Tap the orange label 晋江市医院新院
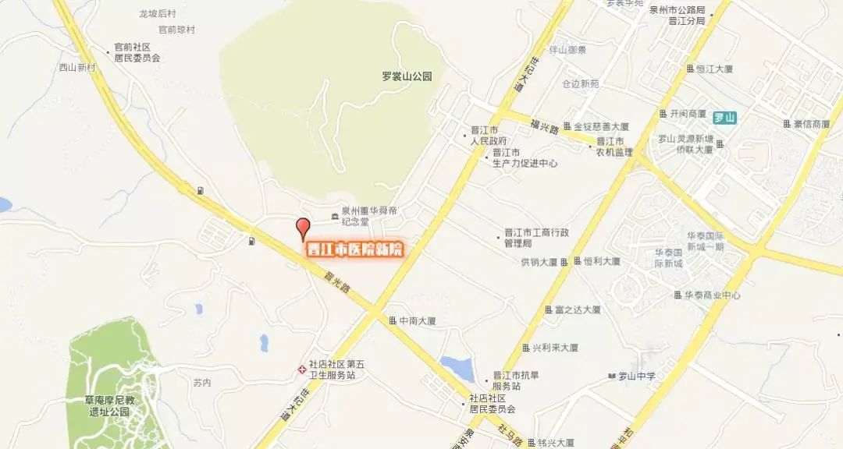(x=354, y=249)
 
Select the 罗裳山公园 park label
(x=407, y=76)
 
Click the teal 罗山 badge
(x=725, y=118)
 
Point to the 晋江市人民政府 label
(x=489, y=136)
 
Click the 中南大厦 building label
(x=416, y=320)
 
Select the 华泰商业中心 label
(x=712, y=295)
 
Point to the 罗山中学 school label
(x=636, y=377)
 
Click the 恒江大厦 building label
(x=714, y=69)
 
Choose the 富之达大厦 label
(x=578, y=309)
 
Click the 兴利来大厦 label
(x=555, y=347)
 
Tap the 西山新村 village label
(x=76, y=67)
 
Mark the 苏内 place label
(x=201, y=383)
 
